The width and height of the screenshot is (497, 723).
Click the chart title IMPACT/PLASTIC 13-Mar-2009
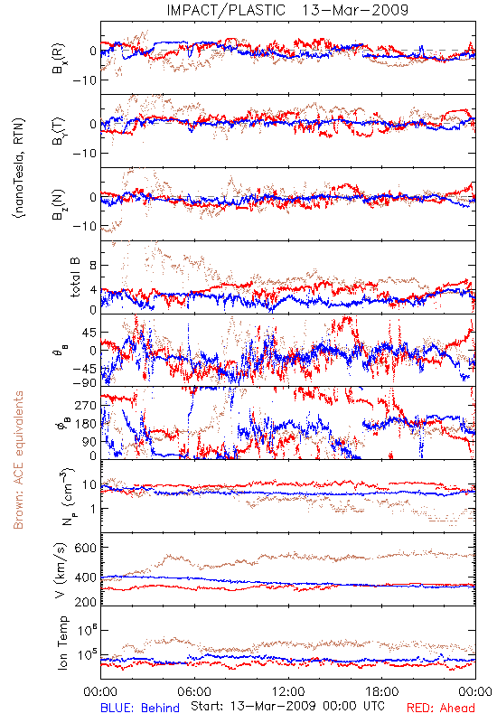tap(287, 10)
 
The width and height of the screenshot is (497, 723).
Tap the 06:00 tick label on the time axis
tap(194, 691)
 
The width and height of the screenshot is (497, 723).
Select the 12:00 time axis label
tap(288, 691)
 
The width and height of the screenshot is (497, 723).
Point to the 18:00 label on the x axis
tap(382, 691)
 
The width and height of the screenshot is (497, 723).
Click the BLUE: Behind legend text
tap(140, 708)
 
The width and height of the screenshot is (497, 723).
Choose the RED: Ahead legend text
tap(440, 708)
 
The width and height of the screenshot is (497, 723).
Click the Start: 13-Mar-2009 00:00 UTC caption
tap(287, 706)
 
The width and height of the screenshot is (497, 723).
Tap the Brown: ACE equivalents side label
tap(18, 460)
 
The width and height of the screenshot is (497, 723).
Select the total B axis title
tap(75, 277)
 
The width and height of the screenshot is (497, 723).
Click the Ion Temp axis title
tap(62, 643)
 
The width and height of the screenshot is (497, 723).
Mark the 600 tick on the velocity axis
tap(86, 548)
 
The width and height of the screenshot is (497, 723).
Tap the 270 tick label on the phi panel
tap(86, 405)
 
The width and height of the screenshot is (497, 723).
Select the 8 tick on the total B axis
tap(93, 265)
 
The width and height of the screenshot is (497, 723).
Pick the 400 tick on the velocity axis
tap(86, 577)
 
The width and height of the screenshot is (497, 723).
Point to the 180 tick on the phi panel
tap(86, 424)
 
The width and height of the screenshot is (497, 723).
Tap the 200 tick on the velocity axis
tap(86, 602)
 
